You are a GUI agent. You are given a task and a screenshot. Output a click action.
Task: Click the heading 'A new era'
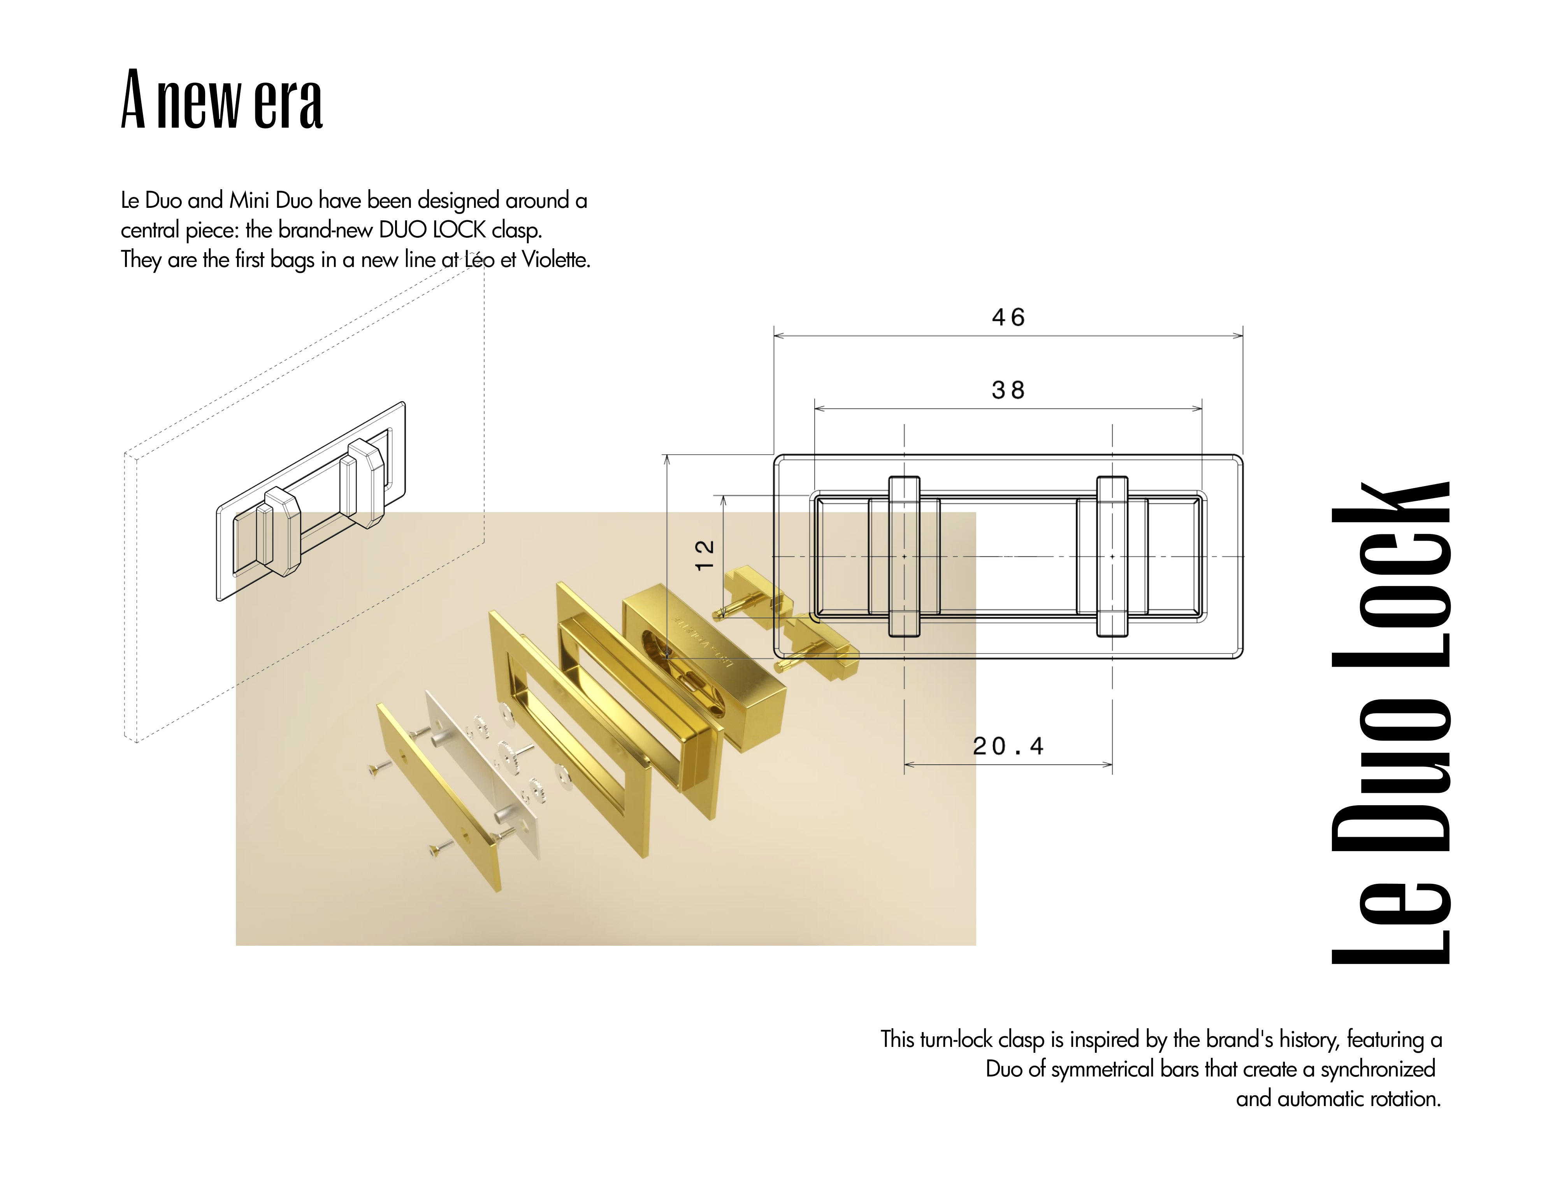[222, 100]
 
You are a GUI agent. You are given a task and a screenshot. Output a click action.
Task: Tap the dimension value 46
[1008, 318]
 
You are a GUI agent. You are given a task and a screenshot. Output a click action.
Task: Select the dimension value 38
[1008, 390]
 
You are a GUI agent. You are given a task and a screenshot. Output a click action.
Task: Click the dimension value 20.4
[1008, 746]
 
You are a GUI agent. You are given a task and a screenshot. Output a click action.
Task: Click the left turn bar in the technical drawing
[904, 556]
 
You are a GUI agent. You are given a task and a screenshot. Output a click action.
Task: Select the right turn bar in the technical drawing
[1112, 556]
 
